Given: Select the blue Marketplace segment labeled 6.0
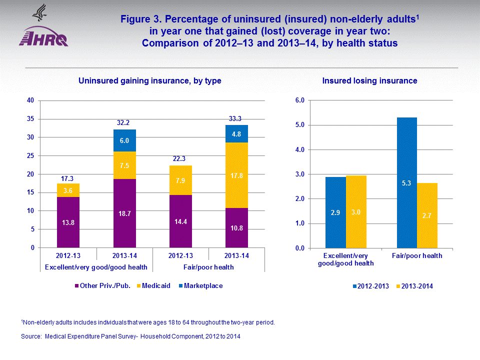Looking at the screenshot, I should click(124, 140).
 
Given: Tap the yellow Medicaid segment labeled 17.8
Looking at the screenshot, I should click(237, 175).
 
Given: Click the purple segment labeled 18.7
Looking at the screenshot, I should click(124, 213).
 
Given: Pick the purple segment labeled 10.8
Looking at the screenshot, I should click(237, 227).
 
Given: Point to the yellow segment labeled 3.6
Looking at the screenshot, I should click(68, 190).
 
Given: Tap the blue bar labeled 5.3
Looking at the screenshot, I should click(406, 182).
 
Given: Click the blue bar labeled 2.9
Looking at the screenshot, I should click(335, 212).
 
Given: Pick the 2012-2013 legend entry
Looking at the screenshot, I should click(371, 286).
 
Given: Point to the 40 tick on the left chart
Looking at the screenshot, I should click(30, 100).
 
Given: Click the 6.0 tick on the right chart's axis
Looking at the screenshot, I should click(300, 100).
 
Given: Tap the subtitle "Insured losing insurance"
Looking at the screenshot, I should click(369, 80).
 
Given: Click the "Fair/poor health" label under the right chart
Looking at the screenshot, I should click(417, 256).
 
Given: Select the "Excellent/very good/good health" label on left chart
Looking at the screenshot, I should click(96, 267).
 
